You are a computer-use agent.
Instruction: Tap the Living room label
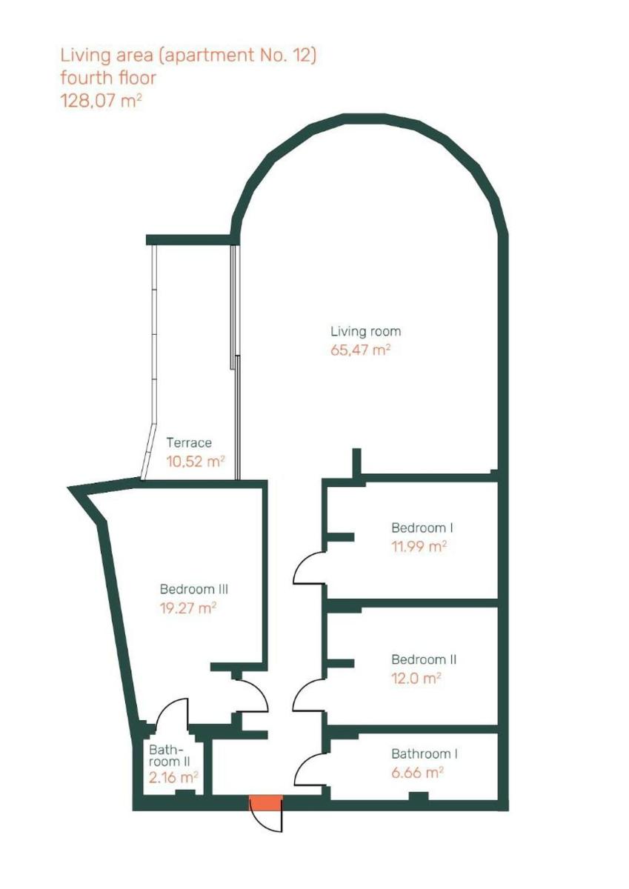(366, 332)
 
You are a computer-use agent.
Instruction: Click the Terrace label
(189, 442)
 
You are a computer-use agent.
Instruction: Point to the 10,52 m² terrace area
(196, 461)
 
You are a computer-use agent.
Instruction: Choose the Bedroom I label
(422, 527)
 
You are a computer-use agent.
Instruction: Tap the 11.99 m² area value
(419, 547)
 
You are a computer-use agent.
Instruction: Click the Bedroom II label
(424, 659)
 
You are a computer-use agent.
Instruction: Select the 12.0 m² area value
(416, 679)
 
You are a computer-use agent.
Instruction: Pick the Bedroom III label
(194, 590)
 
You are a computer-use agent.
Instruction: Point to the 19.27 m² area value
(188, 608)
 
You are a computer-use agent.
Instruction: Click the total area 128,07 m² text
(101, 101)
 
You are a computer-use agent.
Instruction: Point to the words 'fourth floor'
(108, 78)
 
